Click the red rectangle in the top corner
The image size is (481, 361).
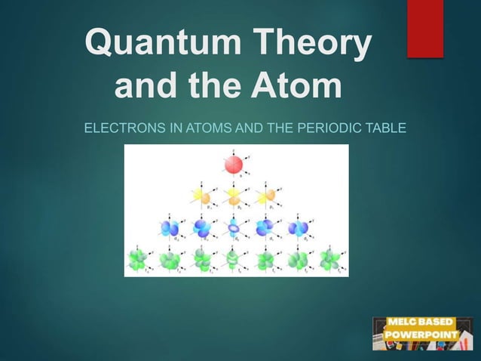point(425,29)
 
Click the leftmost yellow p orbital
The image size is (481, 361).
point(203,196)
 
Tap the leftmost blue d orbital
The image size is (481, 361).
point(169,227)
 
